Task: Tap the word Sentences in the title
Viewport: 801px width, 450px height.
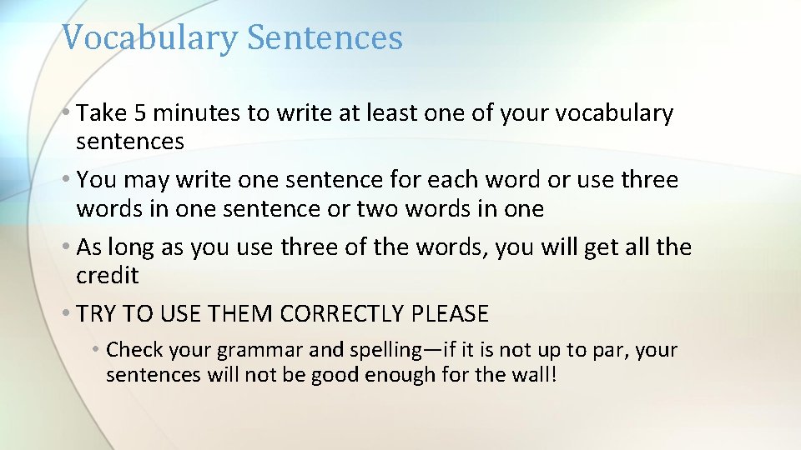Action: pos(325,38)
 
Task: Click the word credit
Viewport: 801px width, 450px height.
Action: pos(108,276)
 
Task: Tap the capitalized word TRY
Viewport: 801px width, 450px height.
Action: pos(98,314)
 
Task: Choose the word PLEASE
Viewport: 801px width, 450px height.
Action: pos(451,314)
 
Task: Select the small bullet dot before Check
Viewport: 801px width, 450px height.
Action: pos(97,350)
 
